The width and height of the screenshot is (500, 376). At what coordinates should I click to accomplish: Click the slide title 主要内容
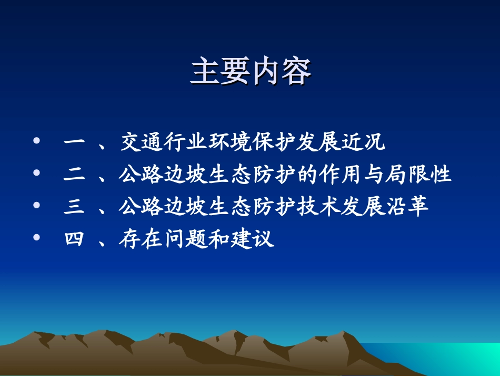[251, 72]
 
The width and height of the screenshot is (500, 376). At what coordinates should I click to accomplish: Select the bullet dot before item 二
[36, 174]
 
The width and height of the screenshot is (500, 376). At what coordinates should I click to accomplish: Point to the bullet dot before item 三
[36, 206]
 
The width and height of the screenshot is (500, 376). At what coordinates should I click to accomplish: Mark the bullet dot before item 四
[36, 238]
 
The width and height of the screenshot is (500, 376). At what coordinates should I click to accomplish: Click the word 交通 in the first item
[143, 142]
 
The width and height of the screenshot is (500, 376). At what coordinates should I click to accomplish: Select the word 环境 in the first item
[231, 142]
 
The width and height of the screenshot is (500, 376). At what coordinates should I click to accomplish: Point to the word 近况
[364, 142]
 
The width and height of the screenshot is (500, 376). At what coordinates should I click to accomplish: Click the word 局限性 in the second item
[419, 175]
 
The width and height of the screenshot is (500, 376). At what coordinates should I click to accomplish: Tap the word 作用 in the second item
[342, 175]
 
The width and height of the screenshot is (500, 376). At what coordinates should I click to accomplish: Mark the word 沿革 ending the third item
[408, 207]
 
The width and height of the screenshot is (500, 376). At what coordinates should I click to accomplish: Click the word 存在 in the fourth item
[143, 239]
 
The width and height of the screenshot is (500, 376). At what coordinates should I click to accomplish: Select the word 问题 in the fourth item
[187, 239]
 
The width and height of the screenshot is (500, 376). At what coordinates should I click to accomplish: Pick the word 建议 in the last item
[253, 239]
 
